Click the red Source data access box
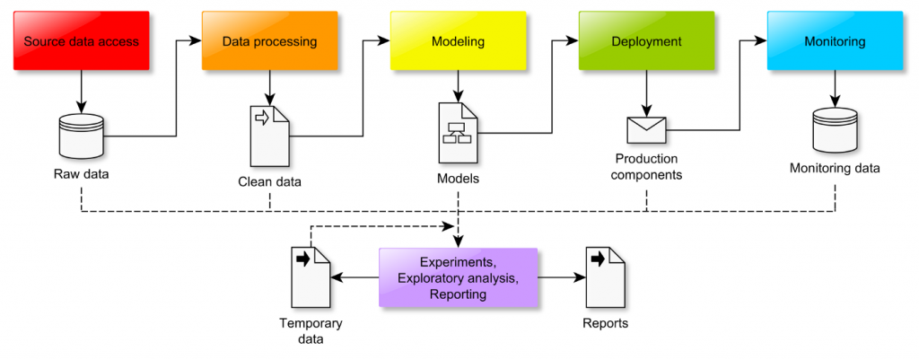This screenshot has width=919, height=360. click(x=81, y=40)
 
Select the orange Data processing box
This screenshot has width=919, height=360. click(x=269, y=40)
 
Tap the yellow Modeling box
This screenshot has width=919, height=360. click(x=458, y=40)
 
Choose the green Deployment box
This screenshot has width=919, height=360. click(x=646, y=40)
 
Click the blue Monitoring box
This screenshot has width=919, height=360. click(x=835, y=40)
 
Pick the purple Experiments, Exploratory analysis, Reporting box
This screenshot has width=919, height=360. click(x=458, y=277)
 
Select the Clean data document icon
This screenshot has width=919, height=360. click(x=269, y=135)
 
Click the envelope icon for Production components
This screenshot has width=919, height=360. click(x=646, y=130)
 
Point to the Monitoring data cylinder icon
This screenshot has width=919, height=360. click(x=835, y=130)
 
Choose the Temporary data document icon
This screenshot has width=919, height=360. click(x=311, y=277)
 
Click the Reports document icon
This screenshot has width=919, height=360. click(x=605, y=277)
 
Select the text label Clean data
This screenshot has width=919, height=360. click(x=269, y=182)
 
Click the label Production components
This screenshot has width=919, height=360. click(x=646, y=167)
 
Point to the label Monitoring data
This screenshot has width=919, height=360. click(x=835, y=168)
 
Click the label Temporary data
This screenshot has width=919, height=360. click(x=311, y=331)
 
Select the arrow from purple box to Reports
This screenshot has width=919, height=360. click(x=561, y=277)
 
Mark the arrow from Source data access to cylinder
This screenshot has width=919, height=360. click(x=81, y=90)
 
